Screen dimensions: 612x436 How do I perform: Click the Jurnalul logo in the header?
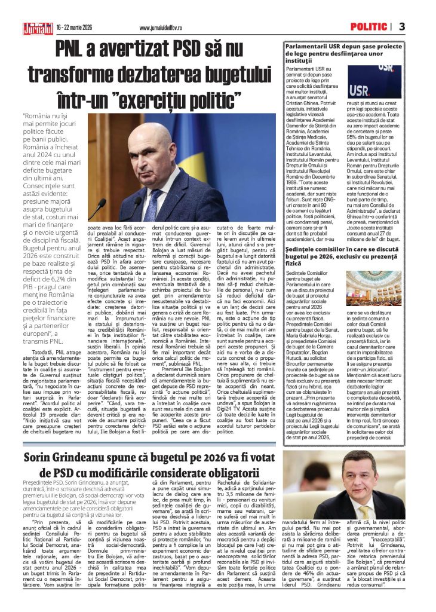tap(38, 27)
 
